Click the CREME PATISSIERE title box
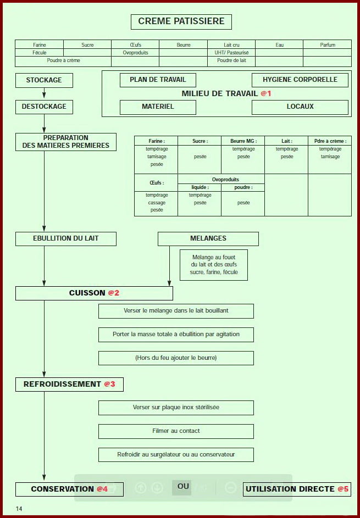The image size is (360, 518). click(x=181, y=21)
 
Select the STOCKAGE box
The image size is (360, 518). click(x=44, y=80)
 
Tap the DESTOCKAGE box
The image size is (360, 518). click(x=44, y=107)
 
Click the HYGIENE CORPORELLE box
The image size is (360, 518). click(x=300, y=80)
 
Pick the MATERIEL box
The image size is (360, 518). click(x=158, y=107)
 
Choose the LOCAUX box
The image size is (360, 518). click(x=300, y=107)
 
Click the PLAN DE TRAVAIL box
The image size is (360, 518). click(x=158, y=80)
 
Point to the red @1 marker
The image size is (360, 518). click(x=266, y=93)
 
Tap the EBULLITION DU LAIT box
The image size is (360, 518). click(x=65, y=238)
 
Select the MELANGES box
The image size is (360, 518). click(x=208, y=238)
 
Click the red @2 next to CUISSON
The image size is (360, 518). click(x=113, y=293)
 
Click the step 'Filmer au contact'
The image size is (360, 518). click(x=176, y=431)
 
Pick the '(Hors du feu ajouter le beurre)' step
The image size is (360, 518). click(x=176, y=358)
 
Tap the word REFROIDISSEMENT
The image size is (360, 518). click(x=62, y=385)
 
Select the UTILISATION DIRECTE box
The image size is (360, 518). click(x=290, y=489)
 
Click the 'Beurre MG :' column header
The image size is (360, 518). click(x=243, y=141)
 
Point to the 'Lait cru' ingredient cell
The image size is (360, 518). click(x=231, y=45)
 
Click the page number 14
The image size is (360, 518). click(x=19, y=509)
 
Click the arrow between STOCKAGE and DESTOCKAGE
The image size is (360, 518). click(x=44, y=93)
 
